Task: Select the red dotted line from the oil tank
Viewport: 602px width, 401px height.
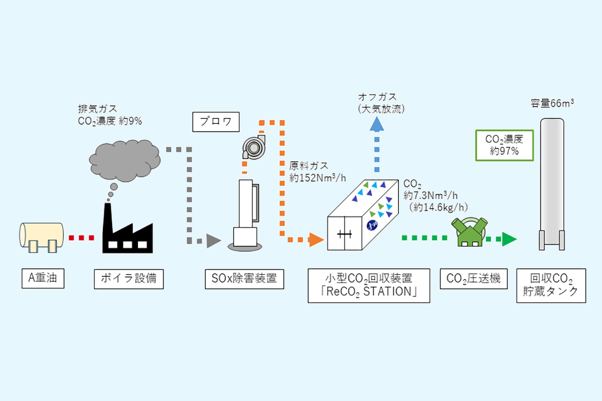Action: [x=81, y=238]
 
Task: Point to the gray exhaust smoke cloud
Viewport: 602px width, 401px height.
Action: [x=125, y=160]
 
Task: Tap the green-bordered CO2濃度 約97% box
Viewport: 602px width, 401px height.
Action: [x=505, y=145]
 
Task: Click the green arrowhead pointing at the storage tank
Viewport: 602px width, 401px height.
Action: [x=509, y=240]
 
